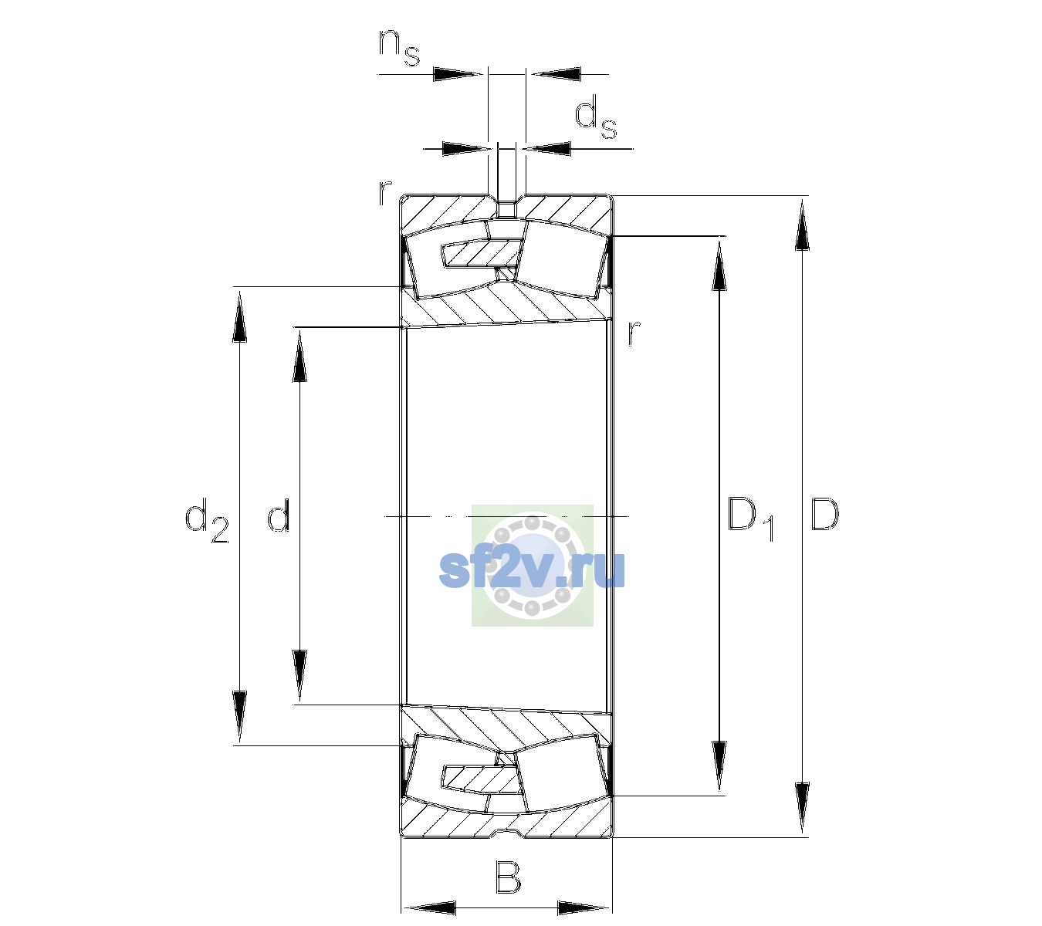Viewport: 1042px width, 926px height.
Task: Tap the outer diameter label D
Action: click(x=824, y=514)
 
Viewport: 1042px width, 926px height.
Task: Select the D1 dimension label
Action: click(x=751, y=519)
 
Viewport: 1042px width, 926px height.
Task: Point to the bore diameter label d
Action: click(x=279, y=514)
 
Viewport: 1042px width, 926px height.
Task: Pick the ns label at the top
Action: click(x=399, y=48)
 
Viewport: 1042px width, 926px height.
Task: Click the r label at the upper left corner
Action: click(x=384, y=193)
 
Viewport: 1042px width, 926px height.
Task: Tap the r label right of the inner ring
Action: click(x=634, y=333)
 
